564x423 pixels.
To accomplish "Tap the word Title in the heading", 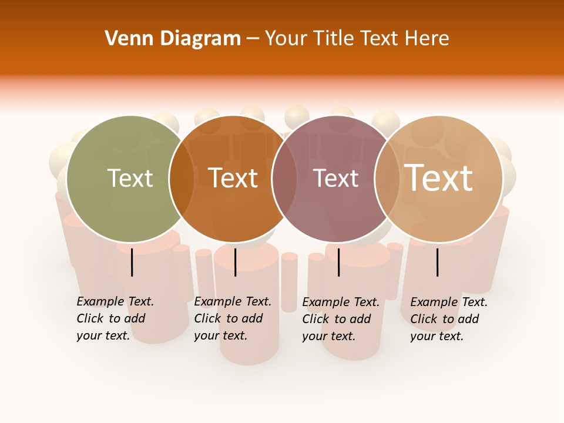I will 334,38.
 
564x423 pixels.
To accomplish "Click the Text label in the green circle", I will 130,178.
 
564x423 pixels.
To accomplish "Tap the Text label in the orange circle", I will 233,178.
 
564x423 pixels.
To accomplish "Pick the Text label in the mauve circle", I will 336,178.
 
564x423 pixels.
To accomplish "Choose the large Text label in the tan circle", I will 439,178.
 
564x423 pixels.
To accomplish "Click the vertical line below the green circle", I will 132,262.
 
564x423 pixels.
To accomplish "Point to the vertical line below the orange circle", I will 235,262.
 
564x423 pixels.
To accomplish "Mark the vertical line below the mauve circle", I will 339,262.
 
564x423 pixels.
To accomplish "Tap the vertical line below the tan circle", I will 438,262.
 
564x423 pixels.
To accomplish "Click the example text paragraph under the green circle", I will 115,318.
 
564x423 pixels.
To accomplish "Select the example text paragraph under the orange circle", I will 232,318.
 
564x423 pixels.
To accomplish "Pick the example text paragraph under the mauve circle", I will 340,319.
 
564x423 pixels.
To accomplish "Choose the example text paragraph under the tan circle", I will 448,319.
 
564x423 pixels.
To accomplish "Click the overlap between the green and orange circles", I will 182,179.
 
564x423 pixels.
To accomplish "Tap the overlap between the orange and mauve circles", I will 284,179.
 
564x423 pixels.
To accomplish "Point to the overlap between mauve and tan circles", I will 387,179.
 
